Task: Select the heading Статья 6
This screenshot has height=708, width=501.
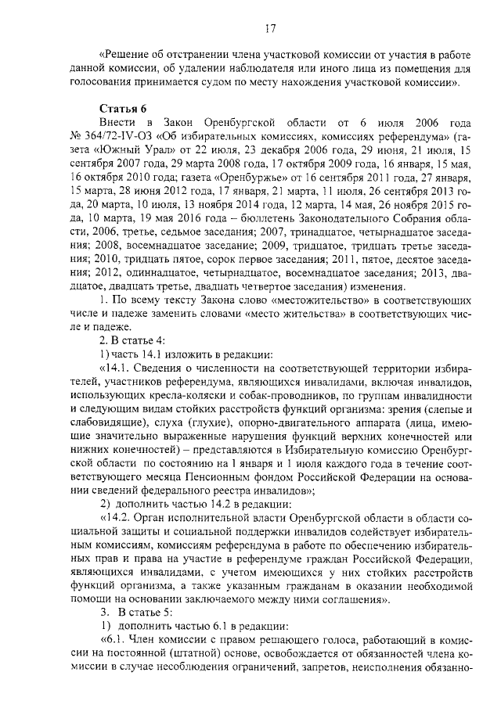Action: [123, 108]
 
